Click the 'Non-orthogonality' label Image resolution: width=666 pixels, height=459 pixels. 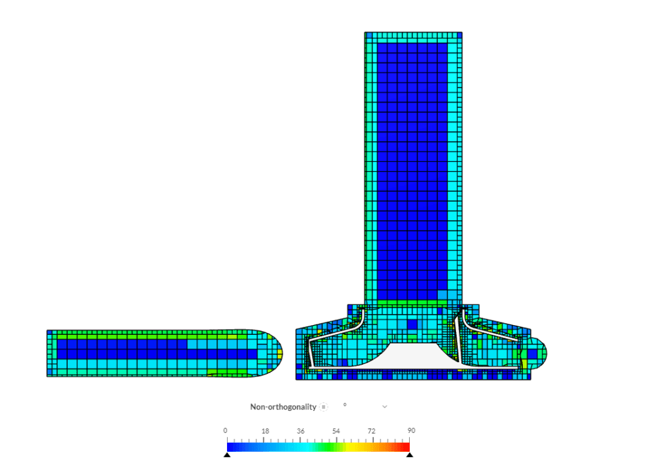pyautogui.click(x=283, y=407)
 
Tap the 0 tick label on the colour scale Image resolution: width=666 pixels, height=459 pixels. pyautogui.click(x=225, y=431)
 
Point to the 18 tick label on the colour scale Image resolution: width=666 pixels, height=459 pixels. pyautogui.click(x=265, y=431)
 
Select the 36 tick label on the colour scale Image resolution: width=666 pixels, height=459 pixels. pyautogui.click(x=300, y=431)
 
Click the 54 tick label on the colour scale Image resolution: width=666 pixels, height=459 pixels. pyautogui.click(x=336, y=431)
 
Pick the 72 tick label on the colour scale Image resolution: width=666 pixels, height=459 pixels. pyautogui.click(x=371, y=431)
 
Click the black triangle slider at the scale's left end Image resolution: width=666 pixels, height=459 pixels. pyautogui.click(x=227, y=454)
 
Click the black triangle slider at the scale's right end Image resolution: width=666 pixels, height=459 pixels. pyautogui.click(x=410, y=454)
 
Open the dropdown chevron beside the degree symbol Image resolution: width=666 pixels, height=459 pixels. pyautogui.click(x=384, y=407)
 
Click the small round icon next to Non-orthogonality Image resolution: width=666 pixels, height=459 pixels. pyautogui.click(x=323, y=407)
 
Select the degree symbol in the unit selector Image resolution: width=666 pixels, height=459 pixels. pyautogui.click(x=345, y=405)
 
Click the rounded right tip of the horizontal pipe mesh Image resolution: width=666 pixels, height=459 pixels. pyautogui.click(x=273, y=353)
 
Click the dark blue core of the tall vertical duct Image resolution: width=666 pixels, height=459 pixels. pyautogui.click(x=413, y=163)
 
